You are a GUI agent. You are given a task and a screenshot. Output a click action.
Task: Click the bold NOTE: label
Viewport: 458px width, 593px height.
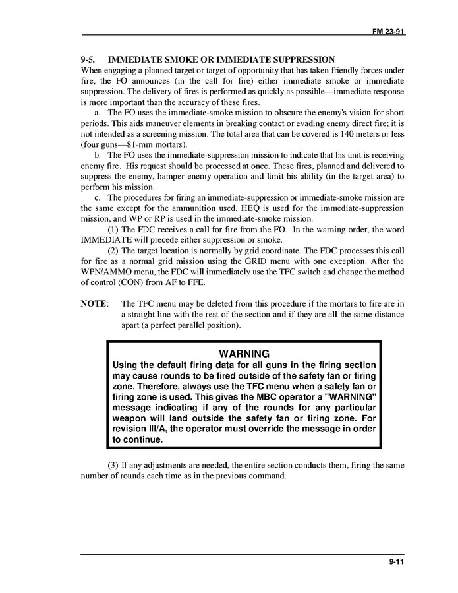(94, 304)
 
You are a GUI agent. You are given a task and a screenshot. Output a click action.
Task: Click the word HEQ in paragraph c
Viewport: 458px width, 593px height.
(245, 208)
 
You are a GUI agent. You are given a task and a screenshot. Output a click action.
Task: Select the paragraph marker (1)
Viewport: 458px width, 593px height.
(113, 230)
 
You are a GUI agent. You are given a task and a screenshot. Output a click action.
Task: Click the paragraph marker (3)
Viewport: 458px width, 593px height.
(113, 465)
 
